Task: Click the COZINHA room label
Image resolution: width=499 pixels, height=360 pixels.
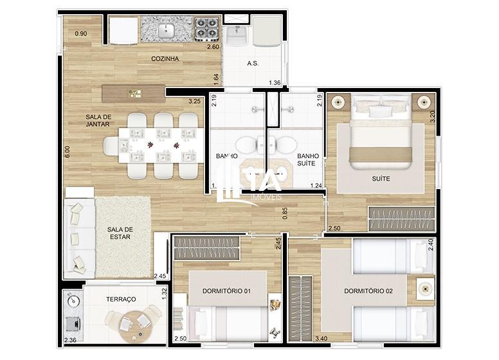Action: (165, 59)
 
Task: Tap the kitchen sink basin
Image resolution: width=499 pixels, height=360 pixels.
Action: (167, 30)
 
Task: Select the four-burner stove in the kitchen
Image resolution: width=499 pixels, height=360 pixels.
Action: (206, 29)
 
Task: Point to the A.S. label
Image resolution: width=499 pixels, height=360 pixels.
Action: (253, 64)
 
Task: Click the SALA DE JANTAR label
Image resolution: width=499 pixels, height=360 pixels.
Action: (98, 120)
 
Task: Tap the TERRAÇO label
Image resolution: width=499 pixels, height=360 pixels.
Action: (122, 300)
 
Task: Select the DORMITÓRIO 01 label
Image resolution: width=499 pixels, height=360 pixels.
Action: (226, 291)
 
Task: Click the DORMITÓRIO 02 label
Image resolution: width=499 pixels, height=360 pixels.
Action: (367, 291)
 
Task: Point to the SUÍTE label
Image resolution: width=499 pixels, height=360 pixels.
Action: (381, 178)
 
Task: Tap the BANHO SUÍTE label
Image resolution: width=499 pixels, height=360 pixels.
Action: (308, 160)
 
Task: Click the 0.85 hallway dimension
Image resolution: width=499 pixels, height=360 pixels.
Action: (286, 213)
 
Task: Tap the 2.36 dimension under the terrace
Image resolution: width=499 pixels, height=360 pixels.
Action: (70, 340)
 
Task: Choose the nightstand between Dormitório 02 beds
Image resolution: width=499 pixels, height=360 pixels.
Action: (424, 288)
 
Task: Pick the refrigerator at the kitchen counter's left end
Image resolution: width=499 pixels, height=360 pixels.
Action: (123, 30)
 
